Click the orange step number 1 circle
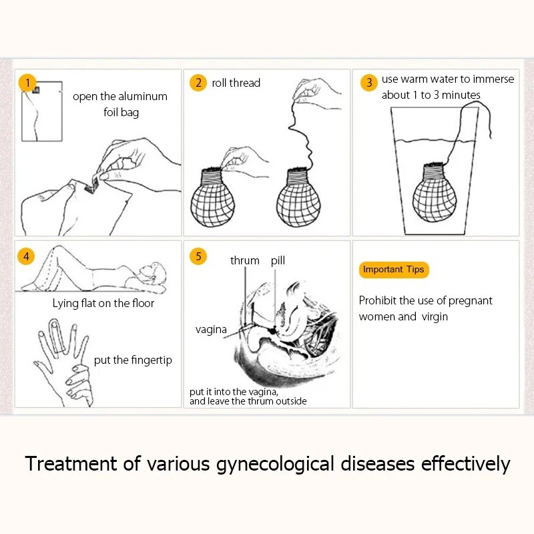coord(27,83)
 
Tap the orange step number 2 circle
coord(198,83)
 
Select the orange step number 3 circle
coord(368,83)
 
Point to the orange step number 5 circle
coord(198,256)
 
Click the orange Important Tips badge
coord(393,270)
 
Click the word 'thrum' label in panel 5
coord(244,260)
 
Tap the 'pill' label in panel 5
coord(278,260)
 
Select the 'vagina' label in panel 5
coord(211,329)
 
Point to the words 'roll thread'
coord(236,83)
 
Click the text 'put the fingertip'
coord(133,360)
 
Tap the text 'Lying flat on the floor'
coord(103,303)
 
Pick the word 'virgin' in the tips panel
coord(434,316)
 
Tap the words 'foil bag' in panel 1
coord(121,112)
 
